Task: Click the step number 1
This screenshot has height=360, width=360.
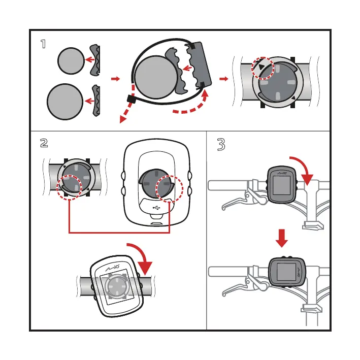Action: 45,44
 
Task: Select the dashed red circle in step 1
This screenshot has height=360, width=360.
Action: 263,68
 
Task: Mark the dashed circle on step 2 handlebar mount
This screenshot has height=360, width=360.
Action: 69,188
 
